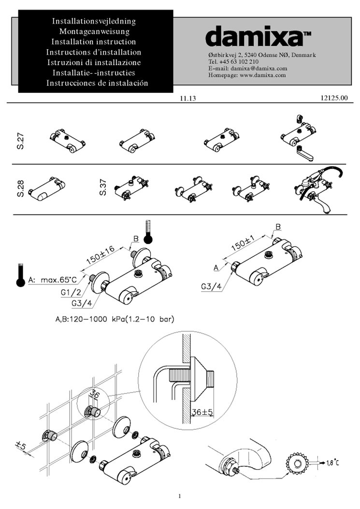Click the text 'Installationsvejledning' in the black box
[x=96, y=21]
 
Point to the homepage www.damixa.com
[x=263, y=75]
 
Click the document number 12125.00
[x=334, y=99]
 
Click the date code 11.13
[x=187, y=99]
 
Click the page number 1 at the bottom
[x=180, y=496]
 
